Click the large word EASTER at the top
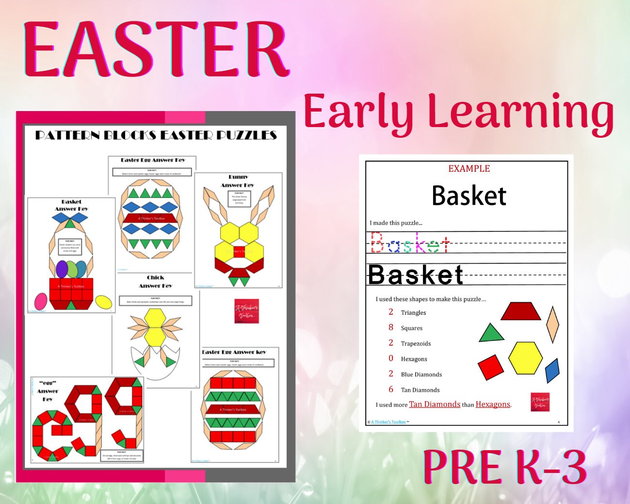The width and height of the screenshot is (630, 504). (156, 49)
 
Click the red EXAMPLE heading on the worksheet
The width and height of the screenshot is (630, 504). (469, 169)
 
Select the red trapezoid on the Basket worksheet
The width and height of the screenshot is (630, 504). (520, 311)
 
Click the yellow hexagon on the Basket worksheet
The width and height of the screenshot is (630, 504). (525, 358)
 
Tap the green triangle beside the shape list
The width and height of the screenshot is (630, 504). (491, 334)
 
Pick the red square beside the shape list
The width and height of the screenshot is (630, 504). (491, 367)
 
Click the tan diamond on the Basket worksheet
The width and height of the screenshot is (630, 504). (552, 324)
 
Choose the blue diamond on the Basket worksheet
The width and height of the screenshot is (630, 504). (552, 371)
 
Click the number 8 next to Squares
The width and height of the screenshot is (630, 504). (391, 327)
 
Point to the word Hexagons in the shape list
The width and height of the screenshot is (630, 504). (414, 359)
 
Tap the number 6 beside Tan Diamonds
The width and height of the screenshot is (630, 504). (391, 390)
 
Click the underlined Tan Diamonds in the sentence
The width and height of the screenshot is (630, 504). (435, 404)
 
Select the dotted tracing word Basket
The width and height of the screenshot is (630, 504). (410, 243)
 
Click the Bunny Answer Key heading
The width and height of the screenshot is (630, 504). (238, 181)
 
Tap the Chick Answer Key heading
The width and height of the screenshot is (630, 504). (155, 282)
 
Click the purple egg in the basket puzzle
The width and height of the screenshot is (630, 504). (62, 269)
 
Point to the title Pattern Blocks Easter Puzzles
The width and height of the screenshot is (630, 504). (156, 135)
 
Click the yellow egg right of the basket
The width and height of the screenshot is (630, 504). (103, 302)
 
